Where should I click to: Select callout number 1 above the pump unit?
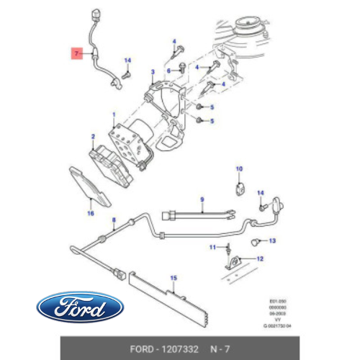112,114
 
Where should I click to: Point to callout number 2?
93,136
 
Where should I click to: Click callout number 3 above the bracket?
153,72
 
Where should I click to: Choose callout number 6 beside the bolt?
168,71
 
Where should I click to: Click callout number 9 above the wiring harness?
202,198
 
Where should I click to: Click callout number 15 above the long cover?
173,276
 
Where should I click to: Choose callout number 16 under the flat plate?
91,213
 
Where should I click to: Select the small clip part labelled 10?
240,189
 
